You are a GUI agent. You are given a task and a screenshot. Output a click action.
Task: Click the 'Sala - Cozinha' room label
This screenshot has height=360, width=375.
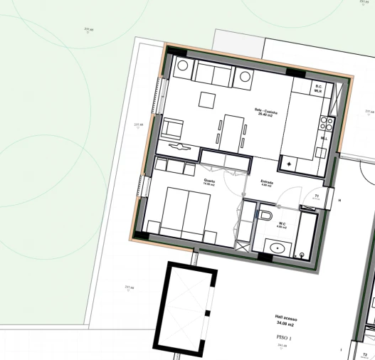click(x=260, y=110)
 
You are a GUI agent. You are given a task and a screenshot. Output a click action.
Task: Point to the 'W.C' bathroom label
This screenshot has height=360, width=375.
click(x=282, y=223)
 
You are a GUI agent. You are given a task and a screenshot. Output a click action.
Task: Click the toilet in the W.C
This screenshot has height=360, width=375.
click(x=266, y=214)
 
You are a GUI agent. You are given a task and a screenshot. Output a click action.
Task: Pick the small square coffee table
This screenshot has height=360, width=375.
click(x=207, y=99)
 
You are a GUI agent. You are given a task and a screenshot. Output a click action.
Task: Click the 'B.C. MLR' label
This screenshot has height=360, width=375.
click(x=318, y=90)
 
